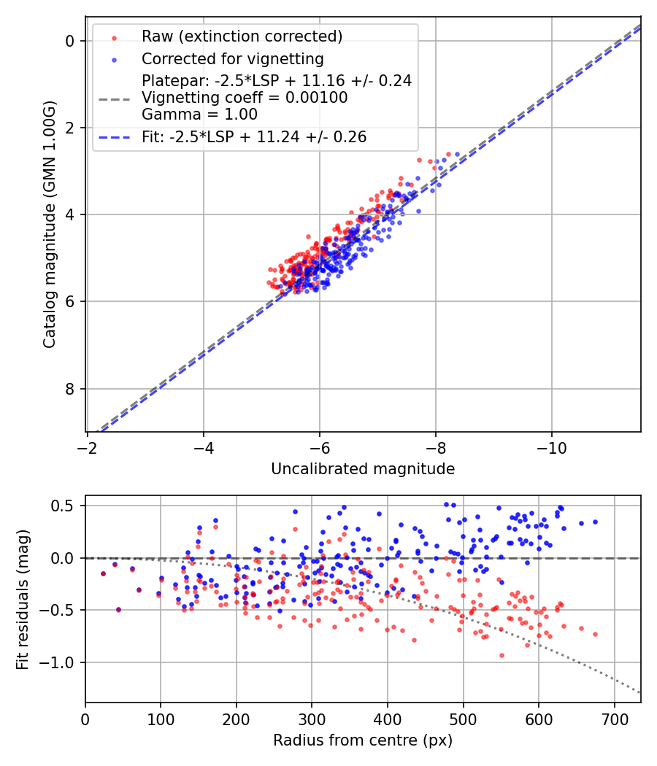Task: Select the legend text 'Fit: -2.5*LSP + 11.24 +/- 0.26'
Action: [x=254, y=136]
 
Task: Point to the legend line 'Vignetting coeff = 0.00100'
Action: [x=245, y=98]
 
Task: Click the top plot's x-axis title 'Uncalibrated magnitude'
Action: [x=363, y=469]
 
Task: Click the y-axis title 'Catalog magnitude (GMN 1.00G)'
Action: [x=50, y=224]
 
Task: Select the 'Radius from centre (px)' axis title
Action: [x=363, y=740]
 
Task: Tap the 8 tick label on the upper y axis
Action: [x=70, y=388]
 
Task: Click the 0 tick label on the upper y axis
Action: [x=70, y=41]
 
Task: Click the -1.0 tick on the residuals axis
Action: [x=62, y=662]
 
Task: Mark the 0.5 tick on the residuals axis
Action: [x=66, y=506]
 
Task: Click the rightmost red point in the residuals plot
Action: [x=595, y=634]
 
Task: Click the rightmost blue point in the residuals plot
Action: [x=595, y=522]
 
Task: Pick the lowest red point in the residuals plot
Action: [x=502, y=655]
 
